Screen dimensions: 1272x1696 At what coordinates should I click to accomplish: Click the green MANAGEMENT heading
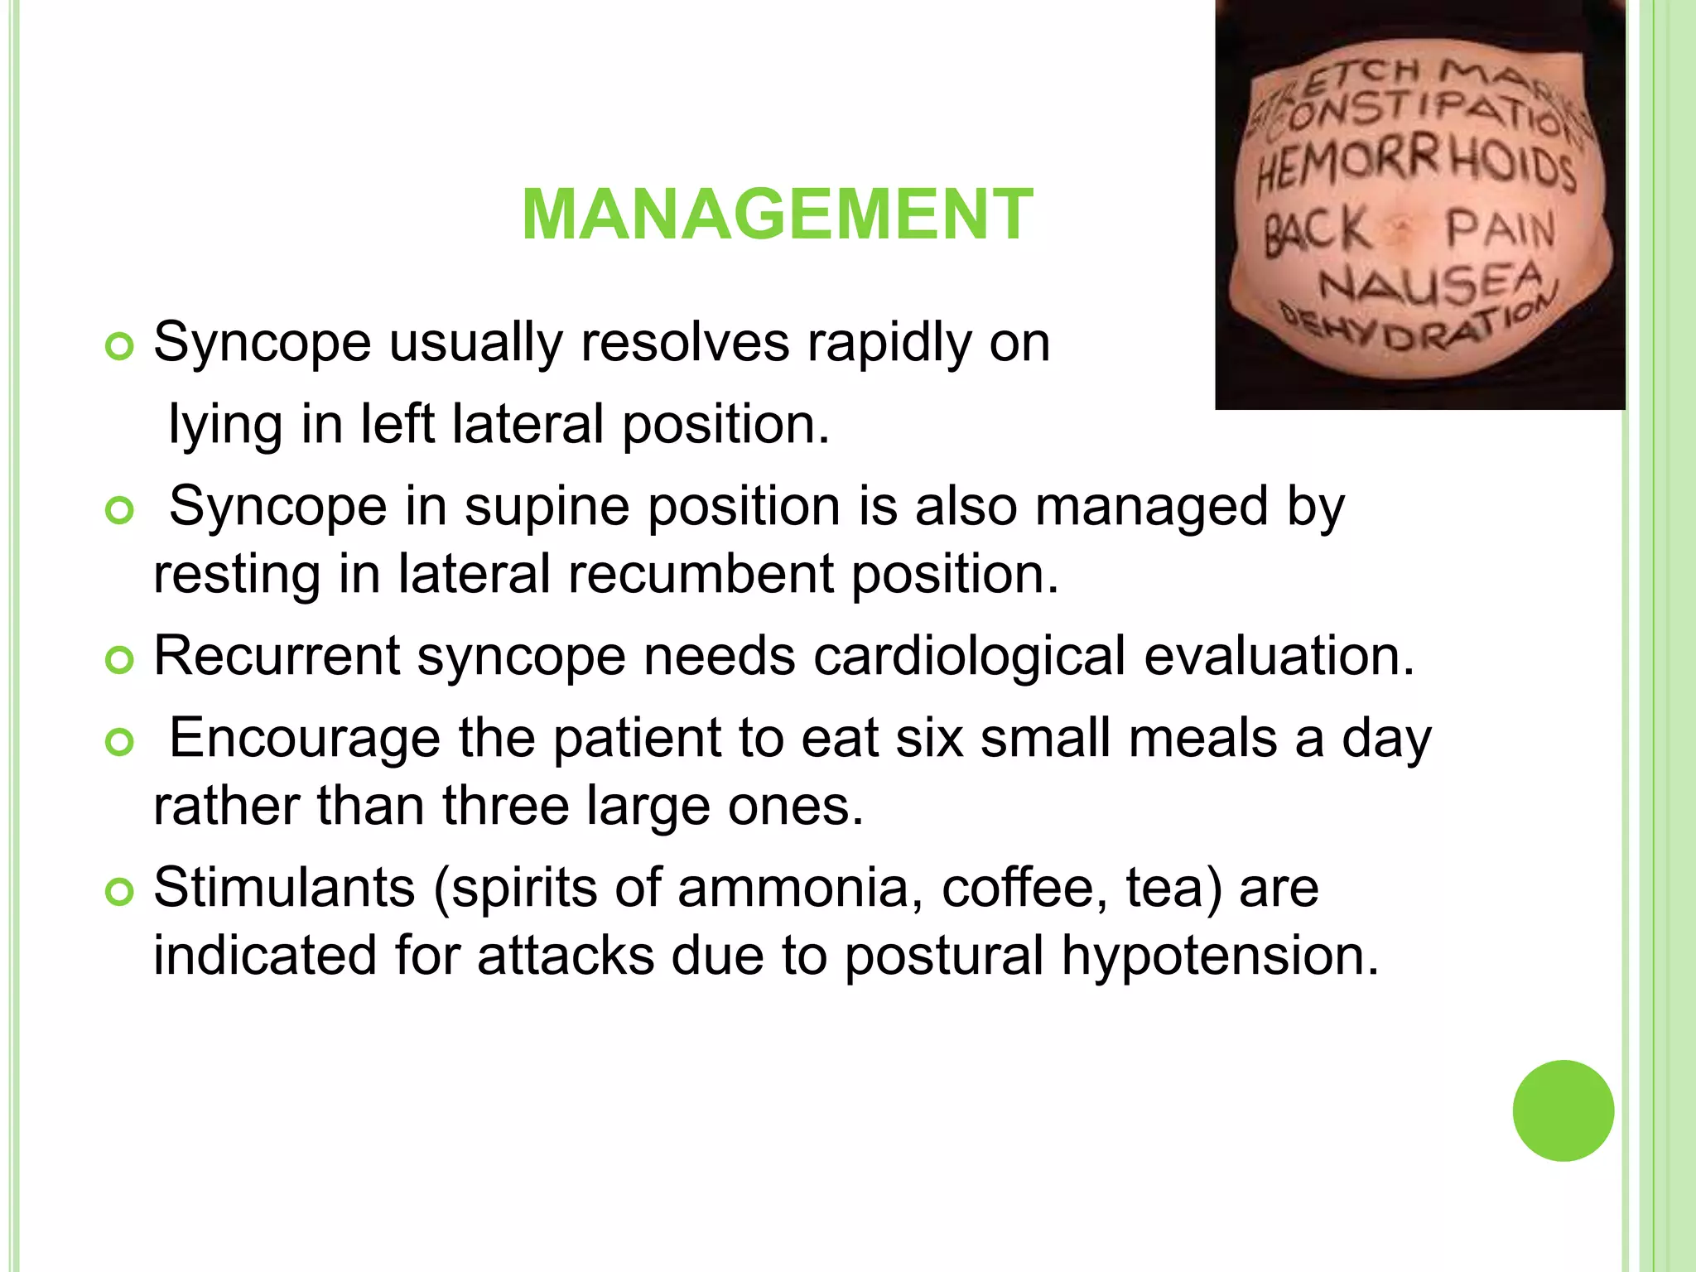pyautogui.click(x=778, y=215)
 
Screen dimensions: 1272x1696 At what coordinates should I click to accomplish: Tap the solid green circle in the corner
pyautogui.click(x=1563, y=1111)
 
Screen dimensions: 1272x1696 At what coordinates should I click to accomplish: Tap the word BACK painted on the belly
pyautogui.click(x=1316, y=231)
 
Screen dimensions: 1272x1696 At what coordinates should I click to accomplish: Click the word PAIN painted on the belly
pyautogui.click(x=1500, y=231)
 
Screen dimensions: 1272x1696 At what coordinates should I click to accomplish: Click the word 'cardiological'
pyautogui.click(x=969, y=657)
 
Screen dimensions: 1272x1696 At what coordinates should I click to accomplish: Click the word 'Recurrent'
pyautogui.click(x=277, y=657)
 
